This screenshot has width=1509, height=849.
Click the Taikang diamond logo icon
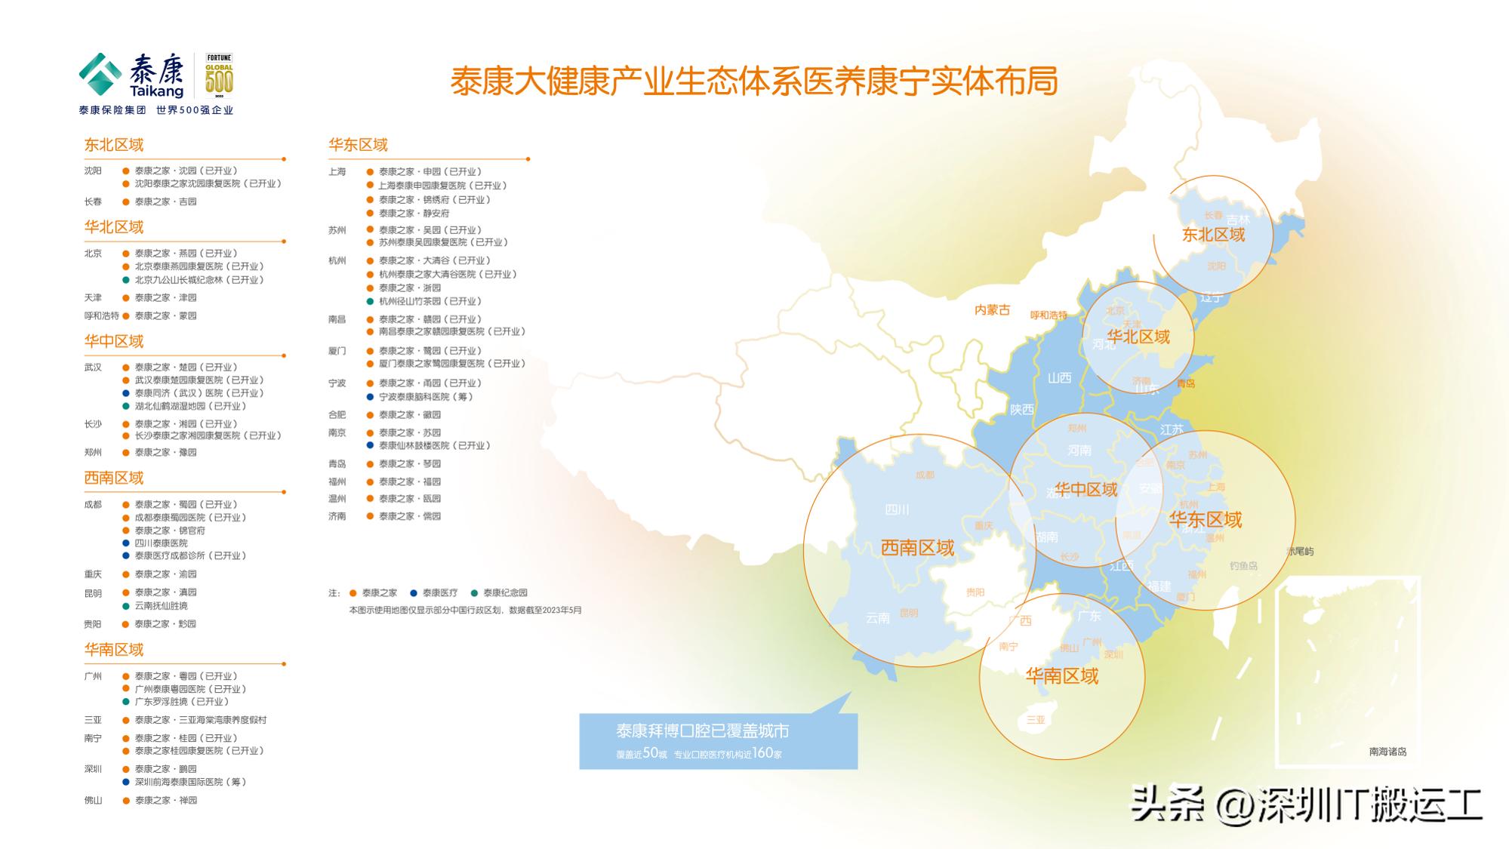click(x=100, y=75)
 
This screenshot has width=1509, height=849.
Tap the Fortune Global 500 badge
click(x=219, y=75)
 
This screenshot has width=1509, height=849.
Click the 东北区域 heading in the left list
click(x=114, y=145)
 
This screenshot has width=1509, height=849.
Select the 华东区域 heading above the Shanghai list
click(x=358, y=145)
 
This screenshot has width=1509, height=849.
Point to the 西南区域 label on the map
click(x=917, y=548)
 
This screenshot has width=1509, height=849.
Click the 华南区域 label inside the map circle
click(x=1061, y=676)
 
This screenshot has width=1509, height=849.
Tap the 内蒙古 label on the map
click(x=992, y=310)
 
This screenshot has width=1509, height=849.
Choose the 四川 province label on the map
click(x=897, y=510)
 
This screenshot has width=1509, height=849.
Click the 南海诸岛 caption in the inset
click(x=1387, y=752)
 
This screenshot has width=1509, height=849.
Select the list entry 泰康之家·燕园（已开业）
click(x=186, y=254)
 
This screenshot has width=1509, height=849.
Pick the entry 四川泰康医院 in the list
click(x=162, y=543)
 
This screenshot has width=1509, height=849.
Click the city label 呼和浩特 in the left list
click(x=101, y=316)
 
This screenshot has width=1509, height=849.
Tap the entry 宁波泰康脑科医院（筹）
click(x=425, y=397)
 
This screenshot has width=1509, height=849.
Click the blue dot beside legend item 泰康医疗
click(x=414, y=593)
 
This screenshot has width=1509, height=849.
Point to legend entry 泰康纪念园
click(x=505, y=593)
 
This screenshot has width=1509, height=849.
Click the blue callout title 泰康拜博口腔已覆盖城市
click(x=702, y=731)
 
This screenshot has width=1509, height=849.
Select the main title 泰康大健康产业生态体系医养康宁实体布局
click(x=753, y=82)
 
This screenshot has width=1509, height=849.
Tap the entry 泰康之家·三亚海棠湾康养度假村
click(x=200, y=720)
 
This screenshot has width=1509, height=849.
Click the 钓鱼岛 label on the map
click(x=1243, y=565)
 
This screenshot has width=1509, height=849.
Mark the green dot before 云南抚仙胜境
click(x=127, y=606)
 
